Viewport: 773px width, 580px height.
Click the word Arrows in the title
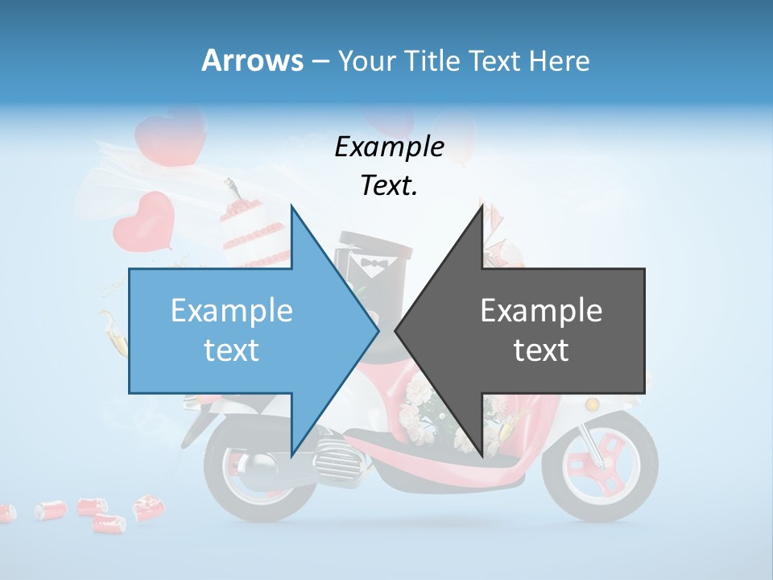[x=252, y=60]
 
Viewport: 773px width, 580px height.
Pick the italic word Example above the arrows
[x=389, y=147]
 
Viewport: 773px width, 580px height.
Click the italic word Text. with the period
[x=389, y=186]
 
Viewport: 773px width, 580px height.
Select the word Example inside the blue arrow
[x=232, y=311]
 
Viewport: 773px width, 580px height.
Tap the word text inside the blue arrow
[x=232, y=350]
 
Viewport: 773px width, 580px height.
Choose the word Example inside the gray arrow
[x=541, y=311]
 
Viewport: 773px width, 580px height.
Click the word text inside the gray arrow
[x=541, y=350]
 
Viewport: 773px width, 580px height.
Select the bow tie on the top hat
[x=374, y=263]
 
